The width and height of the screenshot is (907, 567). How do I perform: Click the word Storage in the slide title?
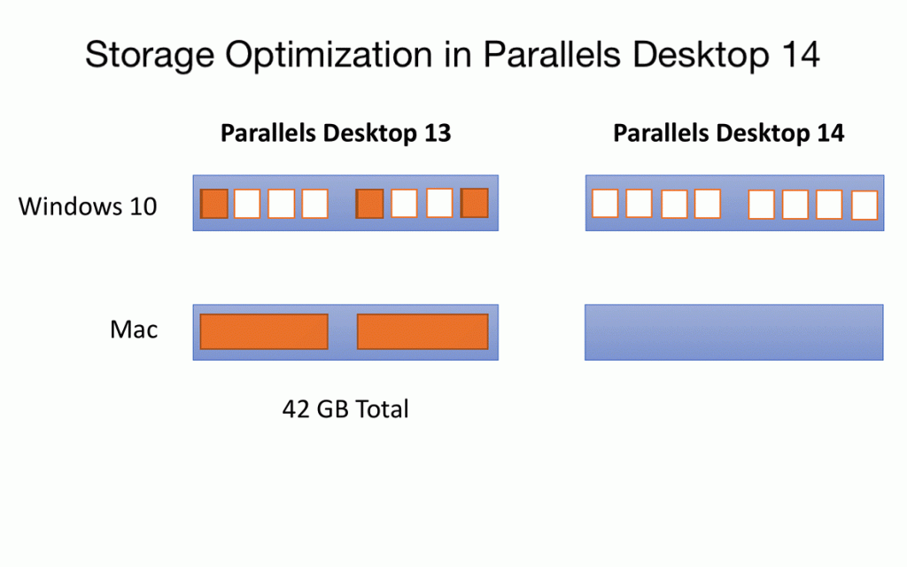(150, 56)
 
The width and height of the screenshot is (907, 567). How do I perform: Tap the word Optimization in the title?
(329, 56)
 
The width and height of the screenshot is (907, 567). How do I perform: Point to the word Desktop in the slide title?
(701, 55)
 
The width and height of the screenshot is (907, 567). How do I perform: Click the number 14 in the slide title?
(801, 54)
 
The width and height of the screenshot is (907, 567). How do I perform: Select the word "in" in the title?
(458, 54)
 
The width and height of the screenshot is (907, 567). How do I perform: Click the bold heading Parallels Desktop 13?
(336, 134)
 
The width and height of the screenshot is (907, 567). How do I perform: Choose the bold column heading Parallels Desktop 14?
(728, 134)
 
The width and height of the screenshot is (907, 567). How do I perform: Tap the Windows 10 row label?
(88, 206)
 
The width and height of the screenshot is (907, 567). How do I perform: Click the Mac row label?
(134, 330)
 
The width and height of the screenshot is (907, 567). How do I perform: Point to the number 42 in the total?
(296, 409)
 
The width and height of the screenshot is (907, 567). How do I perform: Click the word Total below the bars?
(382, 409)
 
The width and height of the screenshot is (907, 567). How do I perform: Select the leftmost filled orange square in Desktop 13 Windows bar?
(214, 204)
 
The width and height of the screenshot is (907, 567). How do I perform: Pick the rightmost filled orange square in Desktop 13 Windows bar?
(475, 203)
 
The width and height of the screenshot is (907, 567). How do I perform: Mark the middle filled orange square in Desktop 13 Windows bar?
(369, 204)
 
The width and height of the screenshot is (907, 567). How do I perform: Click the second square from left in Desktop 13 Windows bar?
(248, 204)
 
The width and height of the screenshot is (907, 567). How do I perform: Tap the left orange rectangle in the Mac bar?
(264, 331)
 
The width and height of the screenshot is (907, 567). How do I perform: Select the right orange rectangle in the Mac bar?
(422, 331)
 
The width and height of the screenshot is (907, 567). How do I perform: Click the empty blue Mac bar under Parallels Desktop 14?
(734, 332)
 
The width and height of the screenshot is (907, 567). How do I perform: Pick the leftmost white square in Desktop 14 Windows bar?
(605, 204)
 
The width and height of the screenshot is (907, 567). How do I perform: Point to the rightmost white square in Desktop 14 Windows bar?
(864, 206)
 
